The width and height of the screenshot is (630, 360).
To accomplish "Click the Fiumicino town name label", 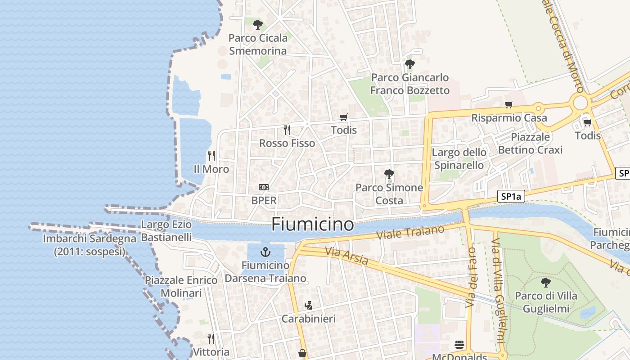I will pyautogui.click(x=312, y=224).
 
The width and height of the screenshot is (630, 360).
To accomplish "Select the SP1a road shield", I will pyautogui.click(x=511, y=196).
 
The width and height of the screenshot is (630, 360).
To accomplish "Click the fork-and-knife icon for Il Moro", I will pyautogui.click(x=211, y=156).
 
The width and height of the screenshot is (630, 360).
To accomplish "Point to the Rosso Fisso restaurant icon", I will pyautogui.click(x=287, y=130).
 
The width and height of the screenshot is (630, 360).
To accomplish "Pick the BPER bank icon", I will pyautogui.click(x=264, y=187).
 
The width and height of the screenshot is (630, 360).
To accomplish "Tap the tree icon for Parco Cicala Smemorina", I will pyautogui.click(x=257, y=24).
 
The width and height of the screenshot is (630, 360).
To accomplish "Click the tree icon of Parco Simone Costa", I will pyautogui.click(x=389, y=174).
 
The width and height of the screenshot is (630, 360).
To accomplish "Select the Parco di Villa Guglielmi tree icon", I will pyautogui.click(x=546, y=283).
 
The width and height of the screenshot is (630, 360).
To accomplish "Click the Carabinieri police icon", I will pyautogui.click(x=308, y=306).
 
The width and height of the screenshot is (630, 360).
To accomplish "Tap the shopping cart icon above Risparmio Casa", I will pyautogui.click(x=509, y=104).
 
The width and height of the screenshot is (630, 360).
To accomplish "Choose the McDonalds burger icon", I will pyautogui.click(x=459, y=345).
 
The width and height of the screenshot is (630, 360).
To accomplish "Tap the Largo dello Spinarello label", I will pyautogui.click(x=459, y=158).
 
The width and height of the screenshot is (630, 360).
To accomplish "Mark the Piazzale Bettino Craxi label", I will pyautogui.click(x=530, y=143).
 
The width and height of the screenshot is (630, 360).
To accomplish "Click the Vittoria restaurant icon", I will pyautogui.click(x=211, y=338).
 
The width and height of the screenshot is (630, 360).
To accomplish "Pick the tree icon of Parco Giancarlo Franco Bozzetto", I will pyautogui.click(x=409, y=64).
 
